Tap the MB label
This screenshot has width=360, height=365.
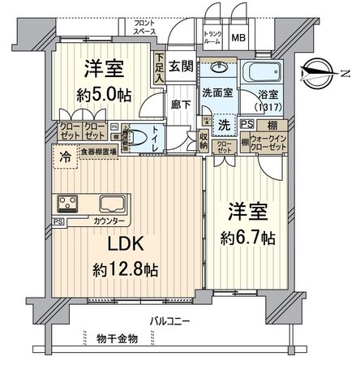pyautogui.click(x=240, y=37)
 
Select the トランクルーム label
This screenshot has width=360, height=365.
pyautogui.click(x=212, y=37)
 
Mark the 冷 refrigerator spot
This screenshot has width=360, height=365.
pyautogui.click(x=62, y=157)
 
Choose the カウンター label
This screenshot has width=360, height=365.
pyautogui.click(x=109, y=221)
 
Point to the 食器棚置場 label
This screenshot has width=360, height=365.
pyautogui.click(x=98, y=151)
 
